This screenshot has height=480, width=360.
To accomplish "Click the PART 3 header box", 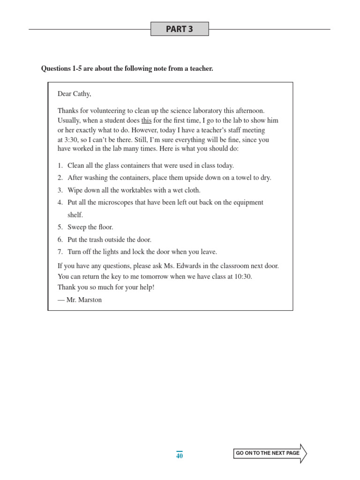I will click(180, 29).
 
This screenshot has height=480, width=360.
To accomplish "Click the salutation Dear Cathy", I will click(74, 94).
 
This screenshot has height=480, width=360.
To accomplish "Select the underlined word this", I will click(146, 120).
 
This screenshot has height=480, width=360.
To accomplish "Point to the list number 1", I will click(60, 165).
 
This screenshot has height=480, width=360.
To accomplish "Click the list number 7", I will click(60, 252).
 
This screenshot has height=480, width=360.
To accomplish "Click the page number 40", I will click(180, 456).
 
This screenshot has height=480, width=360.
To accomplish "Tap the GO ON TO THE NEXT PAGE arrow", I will click(270, 453).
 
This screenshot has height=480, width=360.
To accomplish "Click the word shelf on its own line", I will click(75, 215).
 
